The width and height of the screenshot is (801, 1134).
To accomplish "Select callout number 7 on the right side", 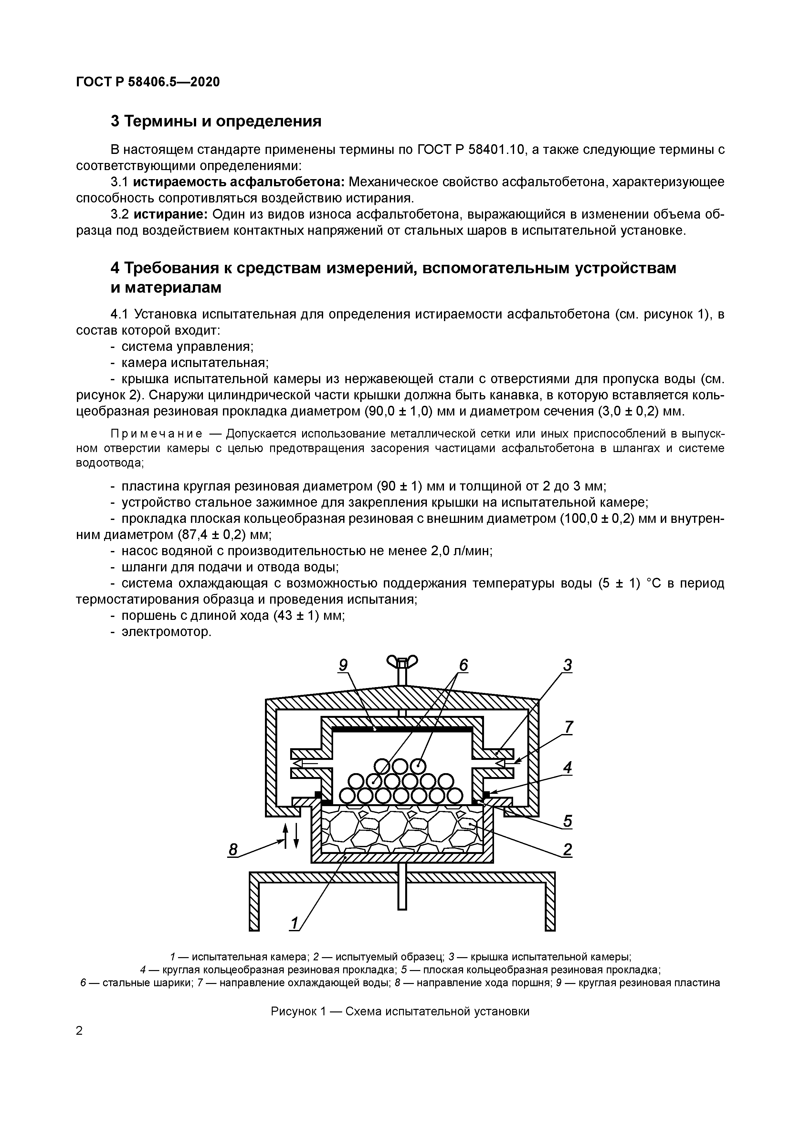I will click(569, 727).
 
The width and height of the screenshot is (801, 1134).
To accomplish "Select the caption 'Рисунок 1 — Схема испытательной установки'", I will click(400, 1011).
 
